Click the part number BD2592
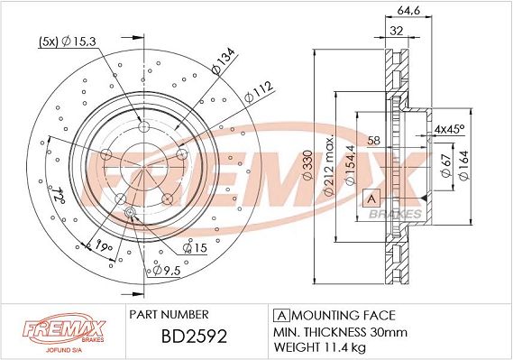179,339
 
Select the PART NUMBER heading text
169,314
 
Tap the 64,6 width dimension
411,12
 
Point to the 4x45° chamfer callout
447,130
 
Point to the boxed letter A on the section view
369,197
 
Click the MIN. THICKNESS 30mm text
334,331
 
